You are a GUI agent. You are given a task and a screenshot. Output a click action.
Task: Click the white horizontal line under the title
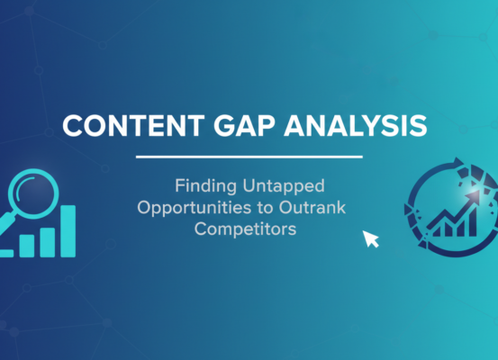click(x=249, y=157)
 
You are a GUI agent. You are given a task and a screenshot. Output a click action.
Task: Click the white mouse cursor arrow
click(x=369, y=238)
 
